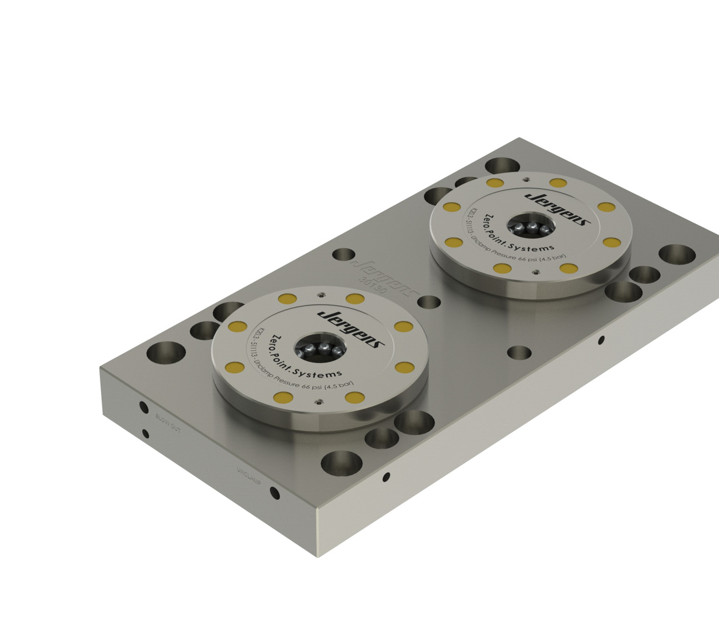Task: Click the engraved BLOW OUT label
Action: (168, 423)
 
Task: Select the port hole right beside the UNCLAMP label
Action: (274, 493)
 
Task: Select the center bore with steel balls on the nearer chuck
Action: (320, 349)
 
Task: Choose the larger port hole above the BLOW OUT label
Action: (143, 407)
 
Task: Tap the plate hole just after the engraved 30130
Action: (429, 302)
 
